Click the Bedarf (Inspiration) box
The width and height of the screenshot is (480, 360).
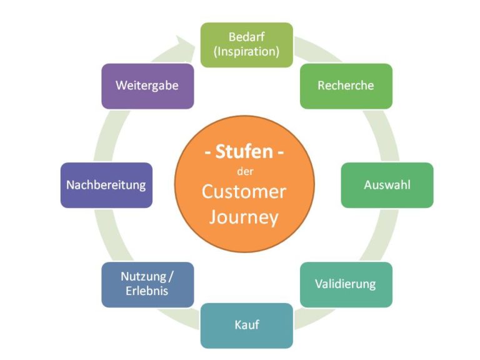[x=246, y=44]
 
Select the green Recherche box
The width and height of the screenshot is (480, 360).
[x=346, y=86]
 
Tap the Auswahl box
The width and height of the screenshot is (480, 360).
[x=387, y=185]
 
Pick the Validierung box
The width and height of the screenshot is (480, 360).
[x=346, y=284]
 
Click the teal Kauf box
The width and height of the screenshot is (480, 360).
[x=246, y=325]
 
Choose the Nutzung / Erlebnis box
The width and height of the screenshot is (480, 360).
[x=147, y=284]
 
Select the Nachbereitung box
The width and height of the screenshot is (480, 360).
[x=106, y=185]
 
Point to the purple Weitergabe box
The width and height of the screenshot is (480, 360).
[x=147, y=86]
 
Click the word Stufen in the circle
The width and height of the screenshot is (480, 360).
[x=246, y=152]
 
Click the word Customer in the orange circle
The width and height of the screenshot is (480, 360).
[x=244, y=191]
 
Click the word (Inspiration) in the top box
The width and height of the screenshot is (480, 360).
[x=246, y=52]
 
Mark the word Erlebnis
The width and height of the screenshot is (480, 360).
[x=147, y=291]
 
